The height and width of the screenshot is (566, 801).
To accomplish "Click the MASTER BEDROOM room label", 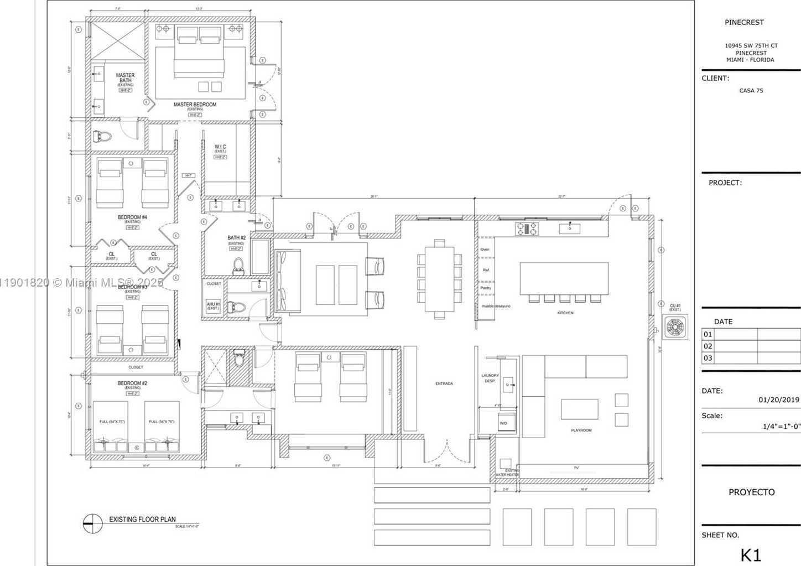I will (x=195, y=105).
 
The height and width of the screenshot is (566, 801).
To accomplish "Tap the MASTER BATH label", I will (x=125, y=78).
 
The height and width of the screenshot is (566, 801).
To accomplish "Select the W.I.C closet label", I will (x=220, y=147).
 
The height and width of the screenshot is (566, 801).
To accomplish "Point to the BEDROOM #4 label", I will (x=132, y=217).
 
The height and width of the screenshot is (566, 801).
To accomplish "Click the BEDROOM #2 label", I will (x=132, y=383).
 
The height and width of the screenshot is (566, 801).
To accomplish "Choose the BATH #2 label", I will (x=236, y=238).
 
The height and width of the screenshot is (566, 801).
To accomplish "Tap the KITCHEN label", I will (x=565, y=313).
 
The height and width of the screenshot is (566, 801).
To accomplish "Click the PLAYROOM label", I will (x=581, y=430).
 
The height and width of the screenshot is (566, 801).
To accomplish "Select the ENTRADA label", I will (x=444, y=383).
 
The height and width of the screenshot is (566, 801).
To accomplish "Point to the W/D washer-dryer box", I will (x=504, y=423).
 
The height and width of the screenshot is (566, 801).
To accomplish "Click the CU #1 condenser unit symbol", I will (x=675, y=327).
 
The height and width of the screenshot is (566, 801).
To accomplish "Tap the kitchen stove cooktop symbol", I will (x=527, y=229).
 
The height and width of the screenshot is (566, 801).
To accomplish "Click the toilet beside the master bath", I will (x=102, y=136).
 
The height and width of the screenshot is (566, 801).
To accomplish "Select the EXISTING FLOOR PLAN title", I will (x=142, y=520).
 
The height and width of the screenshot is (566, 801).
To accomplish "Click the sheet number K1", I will (x=751, y=555).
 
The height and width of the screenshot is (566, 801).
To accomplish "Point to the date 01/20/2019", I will (x=779, y=399).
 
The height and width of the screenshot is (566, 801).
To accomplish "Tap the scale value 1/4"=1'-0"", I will (x=781, y=426).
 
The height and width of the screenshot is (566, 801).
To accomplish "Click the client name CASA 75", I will (x=751, y=91).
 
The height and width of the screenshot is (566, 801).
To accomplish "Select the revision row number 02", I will (x=708, y=346).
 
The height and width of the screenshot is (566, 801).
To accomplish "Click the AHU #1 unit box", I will (x=214, y=306).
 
